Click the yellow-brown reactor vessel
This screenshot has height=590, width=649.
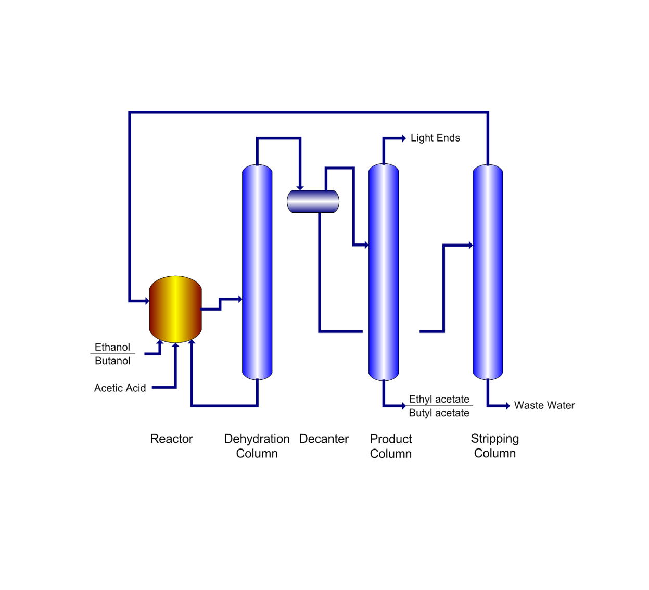(x=175, y=309)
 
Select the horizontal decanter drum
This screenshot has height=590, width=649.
(x=313, y=201)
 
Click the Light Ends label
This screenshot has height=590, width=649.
(x=435, y=138)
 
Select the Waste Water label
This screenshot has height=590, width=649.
(x=544, y=405)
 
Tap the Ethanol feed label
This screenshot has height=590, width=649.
(x=112, y=347)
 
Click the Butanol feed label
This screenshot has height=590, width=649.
(x=112, y=361)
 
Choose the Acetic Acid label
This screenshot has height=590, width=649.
(x=120, y=388)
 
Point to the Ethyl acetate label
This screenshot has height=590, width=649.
(x=439, y=399)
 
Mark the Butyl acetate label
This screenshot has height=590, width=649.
(x=439, y=413)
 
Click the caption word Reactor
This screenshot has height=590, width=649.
(x=171, y=439)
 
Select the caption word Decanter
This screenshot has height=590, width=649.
(x=324, y=439)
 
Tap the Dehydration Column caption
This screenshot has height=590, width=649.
(x=257, y=446)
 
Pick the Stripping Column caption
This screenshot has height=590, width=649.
(x=494, y=446)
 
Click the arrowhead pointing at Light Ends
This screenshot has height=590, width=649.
(x=403, y=138)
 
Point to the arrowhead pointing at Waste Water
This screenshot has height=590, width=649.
(x=507, y=406)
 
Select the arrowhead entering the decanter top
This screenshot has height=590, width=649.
(x=300, y=187)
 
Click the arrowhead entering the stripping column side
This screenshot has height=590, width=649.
(x=470, y=245)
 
